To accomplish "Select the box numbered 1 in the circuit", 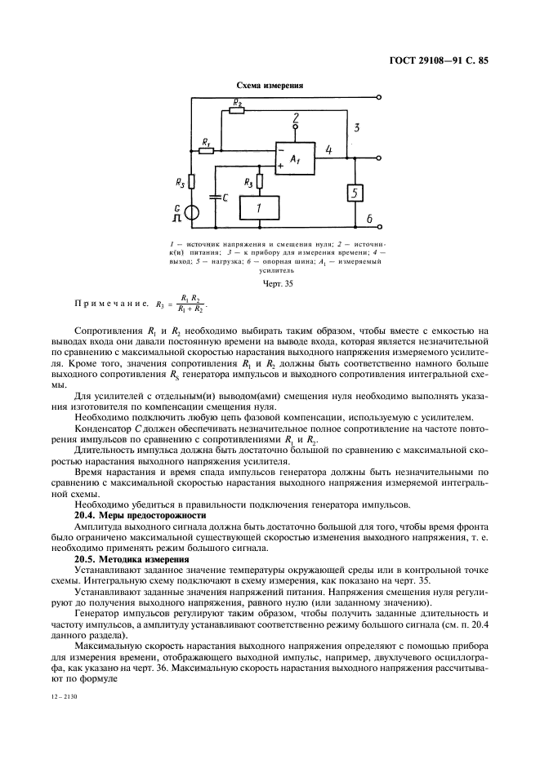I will (x=259, y=208).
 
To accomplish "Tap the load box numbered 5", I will (x=355, y=193).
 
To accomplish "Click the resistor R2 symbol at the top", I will (x=236, y=111).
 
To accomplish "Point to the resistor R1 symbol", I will (x=207, y=150).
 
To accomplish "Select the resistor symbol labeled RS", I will (x=190, y=182).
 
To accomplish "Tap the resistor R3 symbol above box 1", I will (x=259, y=181).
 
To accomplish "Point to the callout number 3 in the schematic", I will (x=356, y=128).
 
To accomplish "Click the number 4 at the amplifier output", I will (x=328, y=150).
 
